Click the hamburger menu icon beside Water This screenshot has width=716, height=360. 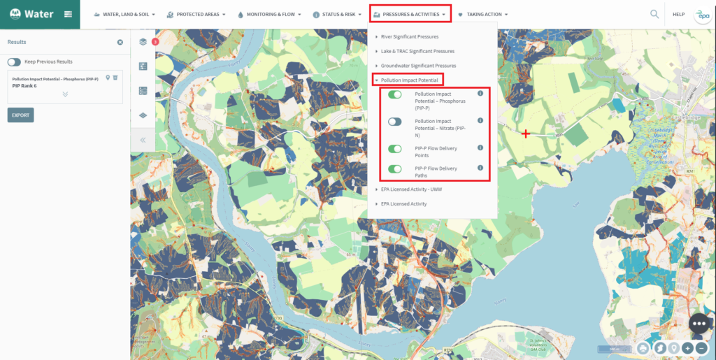(x=68, y=14)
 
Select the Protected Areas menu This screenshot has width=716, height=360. (x=196, y=14)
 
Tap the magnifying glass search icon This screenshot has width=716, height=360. (x=654, y=14)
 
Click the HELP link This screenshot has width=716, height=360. (x=678, y=14)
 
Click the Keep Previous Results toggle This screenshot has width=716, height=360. (x=14, y=62)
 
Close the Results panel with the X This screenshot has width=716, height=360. (x=120, y=42)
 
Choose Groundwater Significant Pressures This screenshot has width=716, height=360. (x=418, y=66)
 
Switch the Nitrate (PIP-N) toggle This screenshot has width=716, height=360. (x=395, y=122)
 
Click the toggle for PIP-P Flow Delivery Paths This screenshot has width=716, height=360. (x=395, y=168)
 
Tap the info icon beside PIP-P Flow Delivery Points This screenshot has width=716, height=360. (x=480, y=147)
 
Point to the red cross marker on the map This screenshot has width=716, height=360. (x=525, y=134)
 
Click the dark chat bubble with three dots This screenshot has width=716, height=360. (x=699, y=324)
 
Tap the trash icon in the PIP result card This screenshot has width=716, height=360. (x=115, y=78)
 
